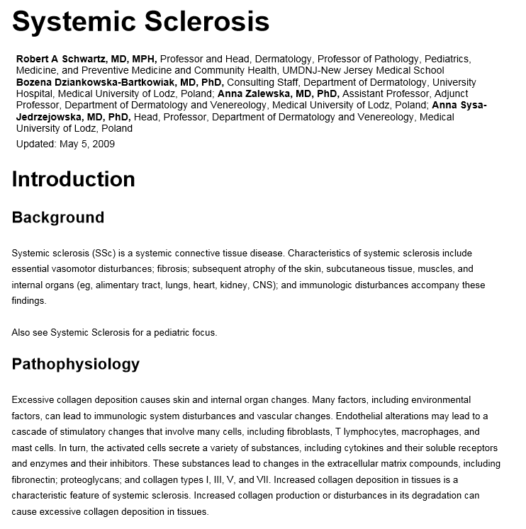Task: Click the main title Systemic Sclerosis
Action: click(x=140, y=21)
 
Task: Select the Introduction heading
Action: click(x=73, y=179)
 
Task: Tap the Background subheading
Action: click(x=57, y=217)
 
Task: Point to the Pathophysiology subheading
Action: click(x=75, y=364)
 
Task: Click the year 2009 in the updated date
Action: click(x=103, y=144)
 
